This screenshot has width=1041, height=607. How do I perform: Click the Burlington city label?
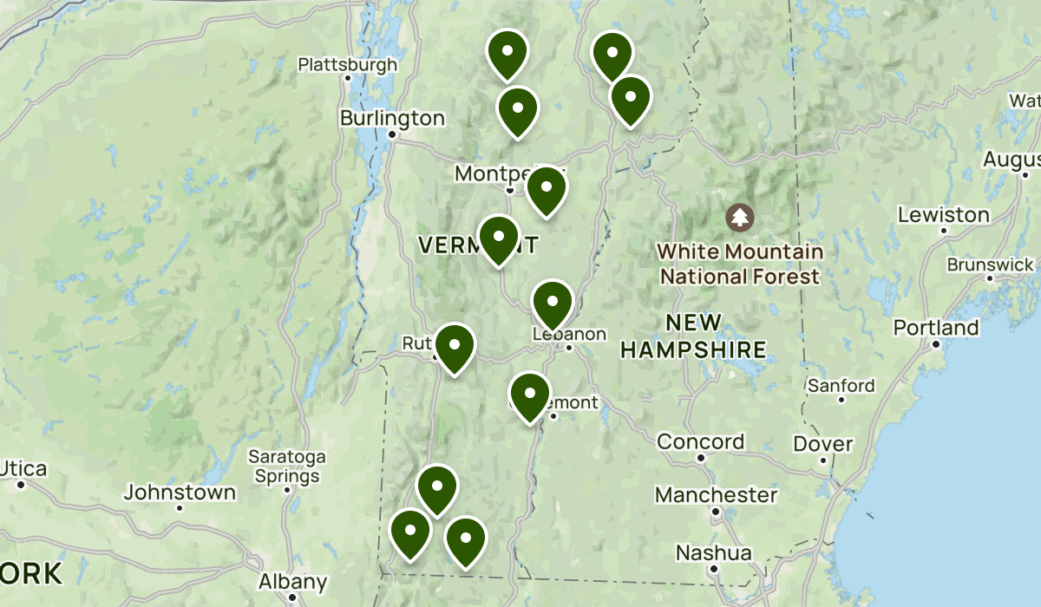(392, 118)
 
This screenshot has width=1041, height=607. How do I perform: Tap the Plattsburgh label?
(347, 64)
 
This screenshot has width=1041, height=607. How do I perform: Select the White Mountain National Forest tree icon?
(740, 217)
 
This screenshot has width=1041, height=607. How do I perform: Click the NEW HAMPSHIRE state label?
(693, 336)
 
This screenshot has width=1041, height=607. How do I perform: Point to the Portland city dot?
(936, 343)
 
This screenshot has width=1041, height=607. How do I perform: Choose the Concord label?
(700, 441)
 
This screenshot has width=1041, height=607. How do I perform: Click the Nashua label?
(714, 552)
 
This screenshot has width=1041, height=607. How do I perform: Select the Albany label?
(293, 582)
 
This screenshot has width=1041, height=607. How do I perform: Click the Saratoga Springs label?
(286, 466)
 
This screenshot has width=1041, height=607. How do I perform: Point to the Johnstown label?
(180, 493)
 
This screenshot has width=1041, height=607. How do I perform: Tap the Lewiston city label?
(943, 214)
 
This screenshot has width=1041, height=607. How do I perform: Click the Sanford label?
(841, 385)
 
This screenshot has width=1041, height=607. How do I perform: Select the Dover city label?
(822, 444)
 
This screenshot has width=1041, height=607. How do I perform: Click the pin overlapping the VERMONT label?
(499, 238)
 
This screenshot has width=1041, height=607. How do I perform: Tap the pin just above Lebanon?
(552, 303)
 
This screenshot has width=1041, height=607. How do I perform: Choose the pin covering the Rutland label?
(454, 347)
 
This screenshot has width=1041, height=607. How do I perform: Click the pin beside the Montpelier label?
(547, 189)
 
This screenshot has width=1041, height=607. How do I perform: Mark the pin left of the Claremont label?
(530, 395)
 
